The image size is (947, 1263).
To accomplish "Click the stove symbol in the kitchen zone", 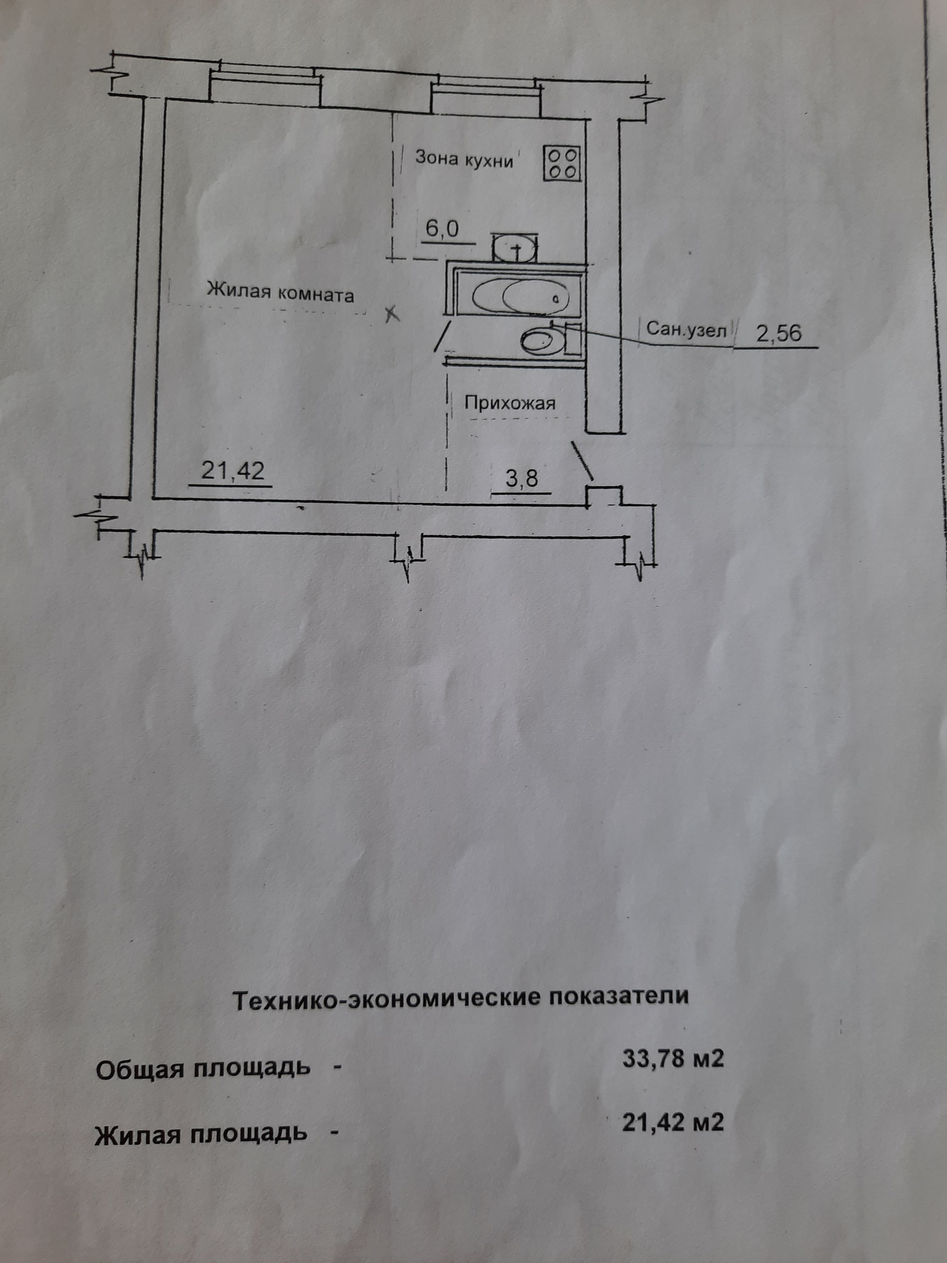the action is [562, 163].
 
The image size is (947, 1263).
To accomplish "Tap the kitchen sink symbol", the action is [515, 247].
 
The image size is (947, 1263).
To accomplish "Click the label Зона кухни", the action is [464, 159].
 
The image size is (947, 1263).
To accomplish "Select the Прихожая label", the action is [509, 403].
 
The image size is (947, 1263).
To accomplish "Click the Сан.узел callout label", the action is [687, 330].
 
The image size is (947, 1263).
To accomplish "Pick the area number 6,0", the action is [442, 229].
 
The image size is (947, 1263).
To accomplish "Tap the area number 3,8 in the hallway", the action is [522, 478].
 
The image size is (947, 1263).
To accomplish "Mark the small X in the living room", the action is [392, 313].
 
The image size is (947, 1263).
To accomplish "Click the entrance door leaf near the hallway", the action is [582, 460].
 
